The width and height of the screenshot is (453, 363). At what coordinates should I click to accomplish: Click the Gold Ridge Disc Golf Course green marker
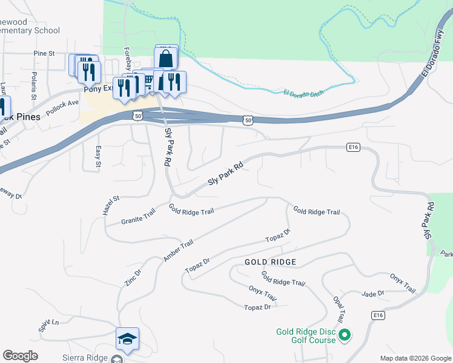point(345,334)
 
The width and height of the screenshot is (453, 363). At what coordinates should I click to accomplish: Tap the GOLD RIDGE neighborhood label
point(270,262)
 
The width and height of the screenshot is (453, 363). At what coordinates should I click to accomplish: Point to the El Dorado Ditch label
point(304,94)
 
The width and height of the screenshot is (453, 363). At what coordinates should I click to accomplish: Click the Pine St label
point(44,53)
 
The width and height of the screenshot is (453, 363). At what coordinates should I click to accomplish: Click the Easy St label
point(98,156)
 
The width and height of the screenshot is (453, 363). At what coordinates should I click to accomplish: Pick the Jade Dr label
point(372,293)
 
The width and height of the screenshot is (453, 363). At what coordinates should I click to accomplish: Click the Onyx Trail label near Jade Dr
point(403,283)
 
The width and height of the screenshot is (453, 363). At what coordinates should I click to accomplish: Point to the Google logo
point(20,356)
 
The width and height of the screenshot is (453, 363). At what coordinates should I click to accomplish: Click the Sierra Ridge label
point(85,358)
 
